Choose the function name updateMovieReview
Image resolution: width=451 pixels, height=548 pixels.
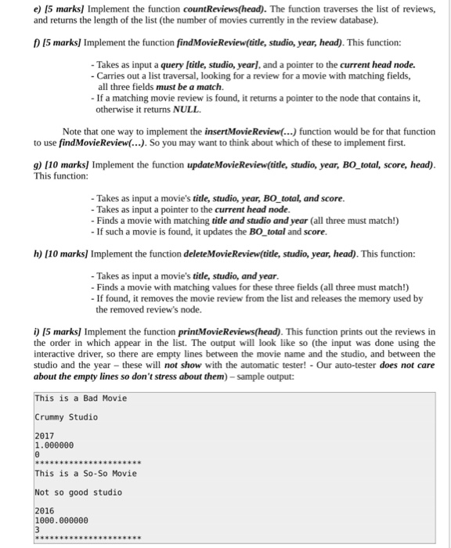pos(236,166)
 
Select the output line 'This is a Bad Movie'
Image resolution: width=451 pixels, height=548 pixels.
pos(81,398)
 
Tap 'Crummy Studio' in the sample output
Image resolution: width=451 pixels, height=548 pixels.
pos(67,417)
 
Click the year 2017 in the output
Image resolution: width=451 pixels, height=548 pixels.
pos(45,436)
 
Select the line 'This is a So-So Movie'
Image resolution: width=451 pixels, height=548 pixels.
pos(85,474)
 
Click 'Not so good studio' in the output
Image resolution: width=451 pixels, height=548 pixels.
pos(78,492)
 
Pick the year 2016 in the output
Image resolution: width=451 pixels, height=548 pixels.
pos(45,511)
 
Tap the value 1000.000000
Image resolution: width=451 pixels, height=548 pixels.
pos(62,520)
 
